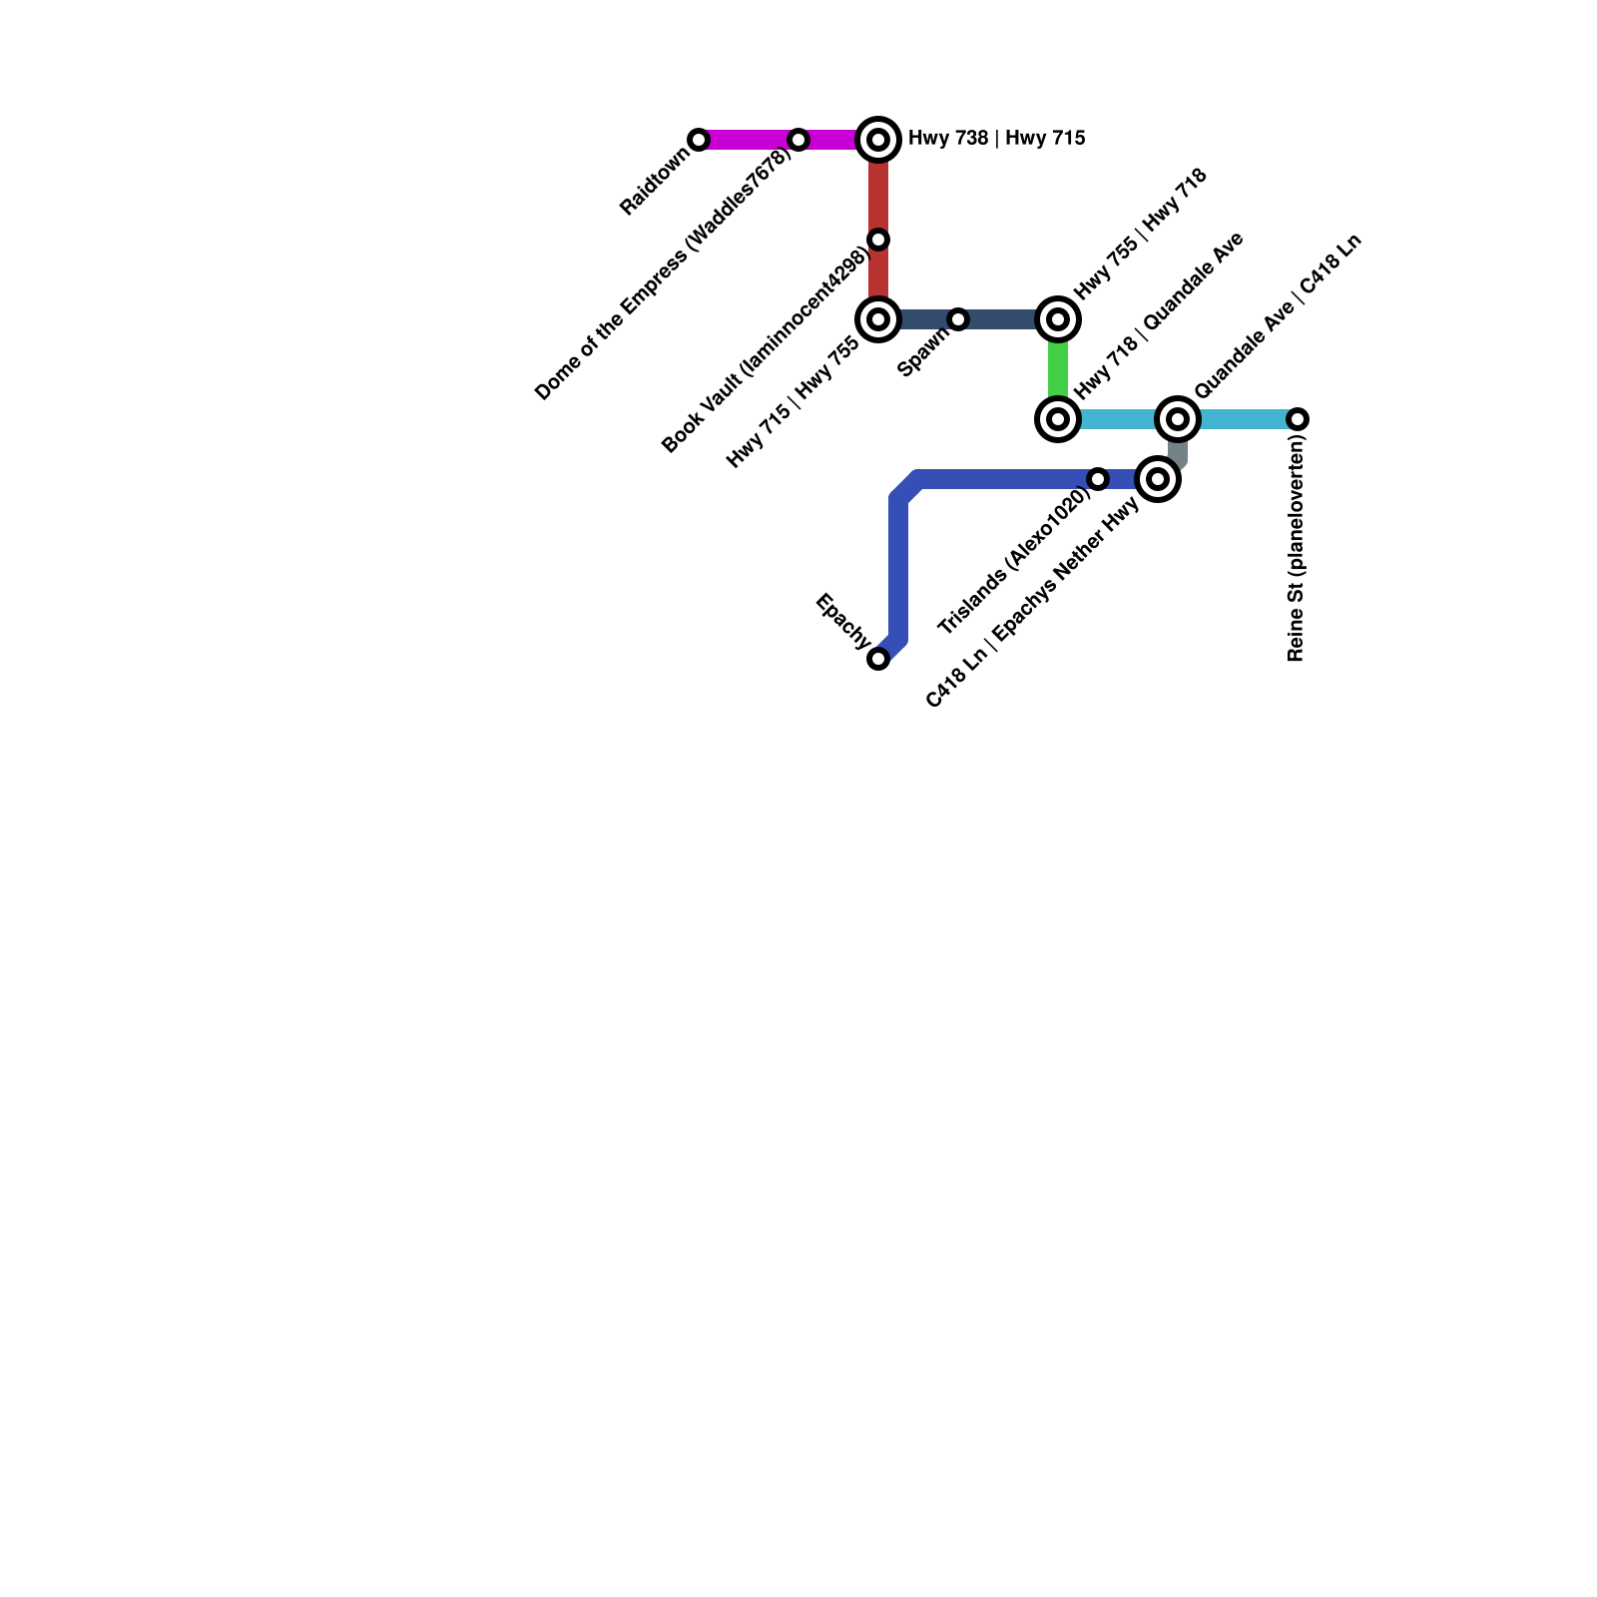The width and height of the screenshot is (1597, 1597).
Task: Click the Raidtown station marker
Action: click(699, 140)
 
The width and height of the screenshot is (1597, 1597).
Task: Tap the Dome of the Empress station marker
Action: click(798, 140)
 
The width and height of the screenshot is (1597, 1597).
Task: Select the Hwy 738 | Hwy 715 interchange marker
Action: click(878, 140)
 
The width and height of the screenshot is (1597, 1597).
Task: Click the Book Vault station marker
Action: click(878, 240)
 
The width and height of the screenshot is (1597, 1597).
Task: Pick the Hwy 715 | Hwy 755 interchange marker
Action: click(878, 319)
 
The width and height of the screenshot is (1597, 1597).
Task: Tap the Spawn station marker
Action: click(958, 319)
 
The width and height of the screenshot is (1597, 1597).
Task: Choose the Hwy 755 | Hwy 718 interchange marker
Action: click(1058, 319)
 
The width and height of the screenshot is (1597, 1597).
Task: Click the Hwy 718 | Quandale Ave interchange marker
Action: click(1058, 419)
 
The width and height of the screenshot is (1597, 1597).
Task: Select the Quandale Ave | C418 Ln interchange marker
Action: click(1178, 419)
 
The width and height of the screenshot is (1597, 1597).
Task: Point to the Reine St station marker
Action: click(1298, 419)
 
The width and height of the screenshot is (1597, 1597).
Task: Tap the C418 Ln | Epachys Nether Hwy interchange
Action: click(1158, 479)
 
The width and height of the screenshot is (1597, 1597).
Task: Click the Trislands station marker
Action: click(1098, 479)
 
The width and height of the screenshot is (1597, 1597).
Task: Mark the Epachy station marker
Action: click(878, 659)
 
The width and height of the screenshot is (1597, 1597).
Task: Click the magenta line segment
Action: click(749, 140)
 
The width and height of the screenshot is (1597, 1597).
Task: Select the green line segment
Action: click(1058, 369)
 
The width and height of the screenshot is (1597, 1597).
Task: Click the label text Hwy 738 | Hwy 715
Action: click(996, 139)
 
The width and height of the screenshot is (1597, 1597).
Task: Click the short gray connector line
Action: click(1179, 452)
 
